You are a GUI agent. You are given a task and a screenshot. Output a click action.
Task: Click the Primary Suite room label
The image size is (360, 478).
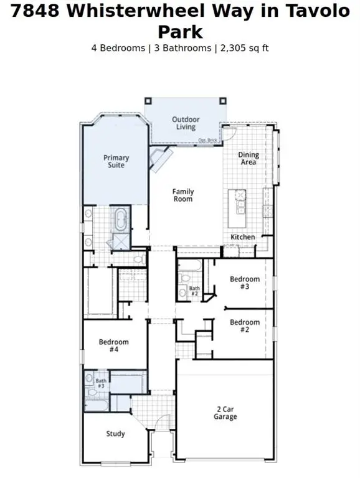click(116, 162)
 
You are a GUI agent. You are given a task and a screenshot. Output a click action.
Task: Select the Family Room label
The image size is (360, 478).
click(183, 195)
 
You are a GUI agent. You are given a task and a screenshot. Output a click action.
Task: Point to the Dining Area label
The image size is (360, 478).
click(249, 159)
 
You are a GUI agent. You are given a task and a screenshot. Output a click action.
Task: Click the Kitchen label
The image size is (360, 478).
click(243, 237)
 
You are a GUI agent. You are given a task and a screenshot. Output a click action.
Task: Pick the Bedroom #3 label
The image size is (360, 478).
click(244, 283)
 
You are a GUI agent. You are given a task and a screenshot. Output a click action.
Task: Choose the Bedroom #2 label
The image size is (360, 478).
click(244, 326)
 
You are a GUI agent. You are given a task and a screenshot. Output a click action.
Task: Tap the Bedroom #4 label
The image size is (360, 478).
click(114, 345)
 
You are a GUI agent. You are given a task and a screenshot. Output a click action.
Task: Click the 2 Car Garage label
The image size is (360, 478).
click(225, 413)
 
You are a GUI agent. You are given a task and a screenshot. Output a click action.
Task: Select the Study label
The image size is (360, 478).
click(116, 434)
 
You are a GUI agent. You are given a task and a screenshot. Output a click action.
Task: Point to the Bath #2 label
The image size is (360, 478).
click(194, 290)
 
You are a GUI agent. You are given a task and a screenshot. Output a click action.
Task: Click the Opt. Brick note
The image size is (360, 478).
click(207, 140)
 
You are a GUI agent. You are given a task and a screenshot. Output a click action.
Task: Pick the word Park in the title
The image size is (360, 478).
click(180, 31)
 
